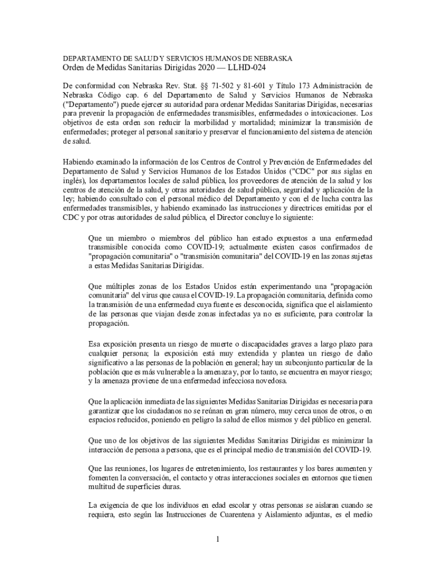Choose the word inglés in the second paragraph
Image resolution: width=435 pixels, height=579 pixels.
75,180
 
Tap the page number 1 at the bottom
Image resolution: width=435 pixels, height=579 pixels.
217,539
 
